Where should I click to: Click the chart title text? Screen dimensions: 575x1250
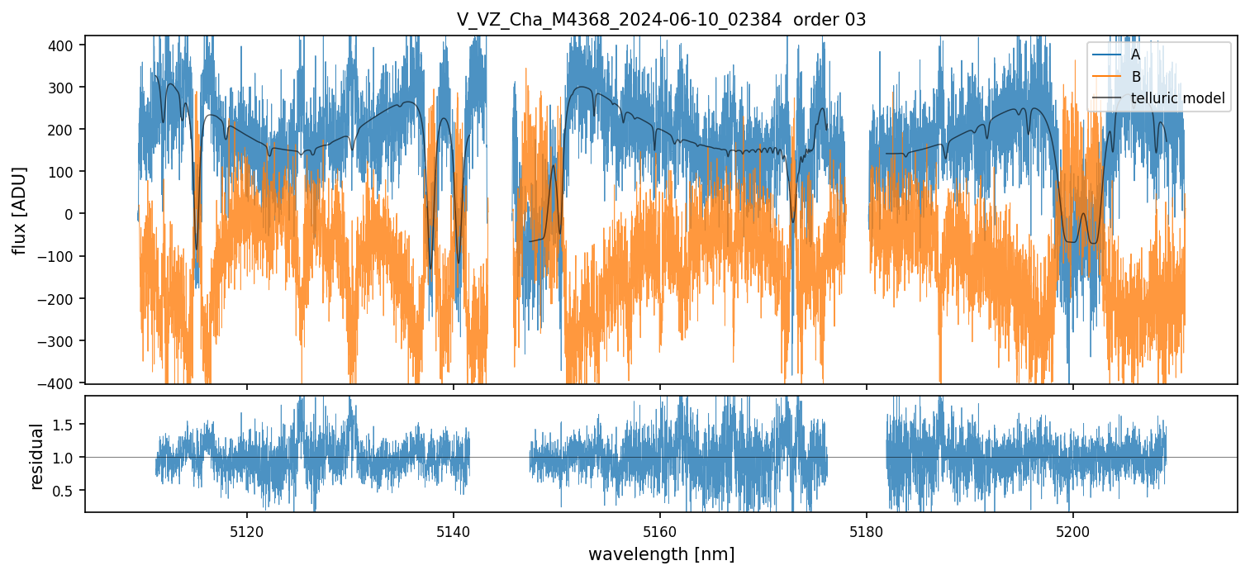[x=661, y=20]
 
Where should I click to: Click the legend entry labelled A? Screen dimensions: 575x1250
[x=1135, y=55]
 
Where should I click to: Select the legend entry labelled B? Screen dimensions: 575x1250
[x=1135, y=77]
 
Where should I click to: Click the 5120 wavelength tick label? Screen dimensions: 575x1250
[x=246, y=532]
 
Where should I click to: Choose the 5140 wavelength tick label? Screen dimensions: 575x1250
[x=454, y=532]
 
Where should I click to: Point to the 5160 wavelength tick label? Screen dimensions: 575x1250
[x=660, y=532]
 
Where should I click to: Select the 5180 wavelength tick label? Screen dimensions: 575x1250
[x=866, y=532]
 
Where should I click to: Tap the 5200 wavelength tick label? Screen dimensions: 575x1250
[x=1072, y=532]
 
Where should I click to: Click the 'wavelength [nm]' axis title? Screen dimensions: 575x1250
[x=661, y=554]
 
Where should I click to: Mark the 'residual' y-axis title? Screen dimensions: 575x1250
[x=36, y=456]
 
